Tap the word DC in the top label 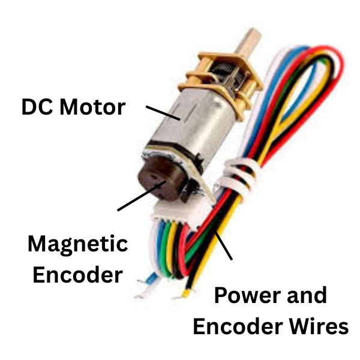[x=37, y=108]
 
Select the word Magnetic [x=78, y=245]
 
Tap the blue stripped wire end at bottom [x=146, y=277]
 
